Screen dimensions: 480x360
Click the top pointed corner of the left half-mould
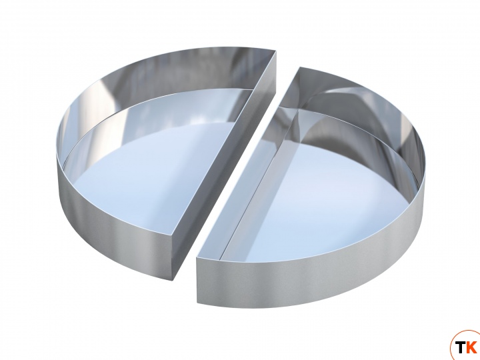coord(276,51)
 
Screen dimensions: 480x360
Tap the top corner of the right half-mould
coord(300,67)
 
